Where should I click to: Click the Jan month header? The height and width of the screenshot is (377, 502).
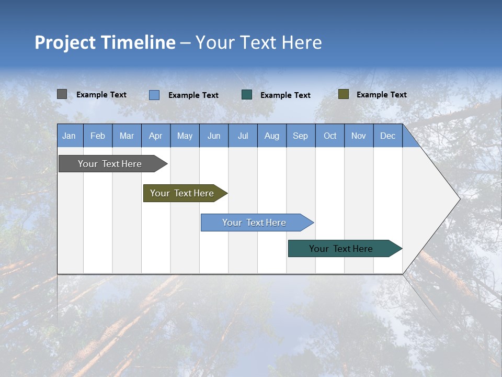click(70, 136)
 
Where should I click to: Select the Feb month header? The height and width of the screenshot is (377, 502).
click(98, 136)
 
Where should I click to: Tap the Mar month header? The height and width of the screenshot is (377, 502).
click(127, 136)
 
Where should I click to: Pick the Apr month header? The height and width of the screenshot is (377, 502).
click(156, 136)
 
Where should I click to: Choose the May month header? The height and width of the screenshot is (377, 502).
click(185, 136)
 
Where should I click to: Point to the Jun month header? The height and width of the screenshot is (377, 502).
click(214, 136)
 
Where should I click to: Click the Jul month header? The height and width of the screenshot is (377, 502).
click(243, 136)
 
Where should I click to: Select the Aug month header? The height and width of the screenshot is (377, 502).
click(272, 136)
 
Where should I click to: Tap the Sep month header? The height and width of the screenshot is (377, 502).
click(301, 136)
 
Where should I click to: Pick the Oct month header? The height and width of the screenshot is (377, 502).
click(330, 136)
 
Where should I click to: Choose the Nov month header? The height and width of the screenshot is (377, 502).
click(359, 136)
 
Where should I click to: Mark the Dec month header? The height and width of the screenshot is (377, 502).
click(388, 136)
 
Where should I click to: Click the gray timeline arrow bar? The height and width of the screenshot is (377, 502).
click(110, 164)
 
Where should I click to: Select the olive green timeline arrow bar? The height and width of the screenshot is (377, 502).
click(182, 193)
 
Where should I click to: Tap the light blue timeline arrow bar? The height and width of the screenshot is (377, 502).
click(255, 223)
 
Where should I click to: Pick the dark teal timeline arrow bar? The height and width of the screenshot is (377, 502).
click(341, 249)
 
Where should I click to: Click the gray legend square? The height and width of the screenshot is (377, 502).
click(62, 94)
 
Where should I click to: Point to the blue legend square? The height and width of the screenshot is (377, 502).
click(154, 95)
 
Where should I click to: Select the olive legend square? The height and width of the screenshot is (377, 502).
click(344, 94)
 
